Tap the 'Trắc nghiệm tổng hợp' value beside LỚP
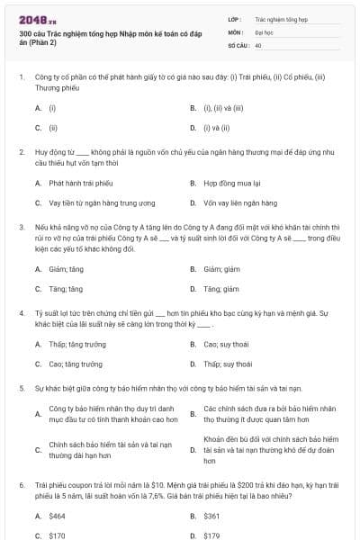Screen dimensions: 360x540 click(281, 18)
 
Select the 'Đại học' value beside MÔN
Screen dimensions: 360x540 click(265, 31)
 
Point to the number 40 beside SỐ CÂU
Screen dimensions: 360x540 click(258, 44)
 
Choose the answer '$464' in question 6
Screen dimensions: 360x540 click(58, 516)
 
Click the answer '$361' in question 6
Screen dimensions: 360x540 click(212, 516)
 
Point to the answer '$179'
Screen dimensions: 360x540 click(212, 535)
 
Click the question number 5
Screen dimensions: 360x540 click(22, 388)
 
